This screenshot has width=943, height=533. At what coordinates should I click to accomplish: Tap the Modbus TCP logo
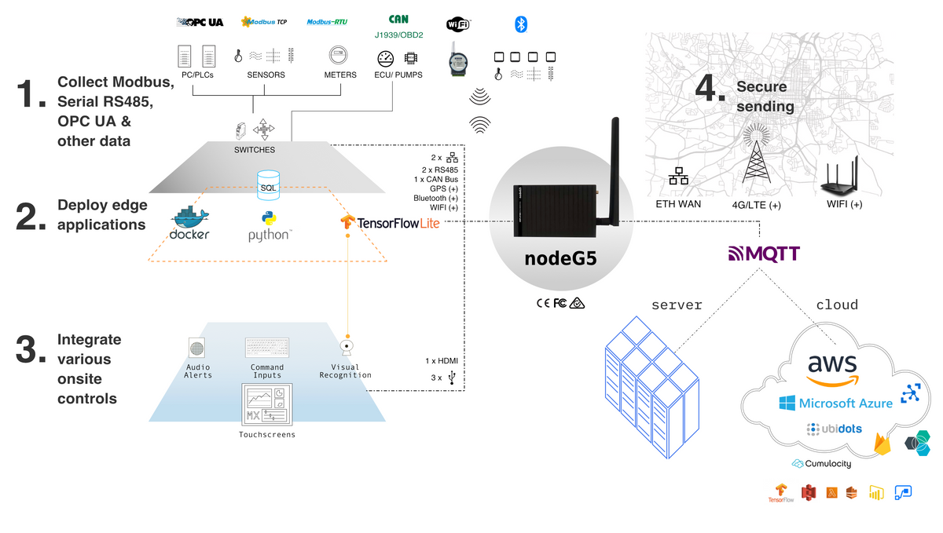(x=263, y=22)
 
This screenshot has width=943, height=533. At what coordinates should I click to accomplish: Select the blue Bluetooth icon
(x=520, y=24)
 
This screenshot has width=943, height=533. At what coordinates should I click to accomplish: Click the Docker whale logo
(x=190, y=223)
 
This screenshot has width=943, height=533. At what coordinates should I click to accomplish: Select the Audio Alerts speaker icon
(x=197, y=347)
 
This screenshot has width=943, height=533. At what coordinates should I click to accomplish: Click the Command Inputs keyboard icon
(x=267, y=347)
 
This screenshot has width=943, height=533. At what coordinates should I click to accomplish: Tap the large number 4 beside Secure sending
(x=710, y=89)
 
